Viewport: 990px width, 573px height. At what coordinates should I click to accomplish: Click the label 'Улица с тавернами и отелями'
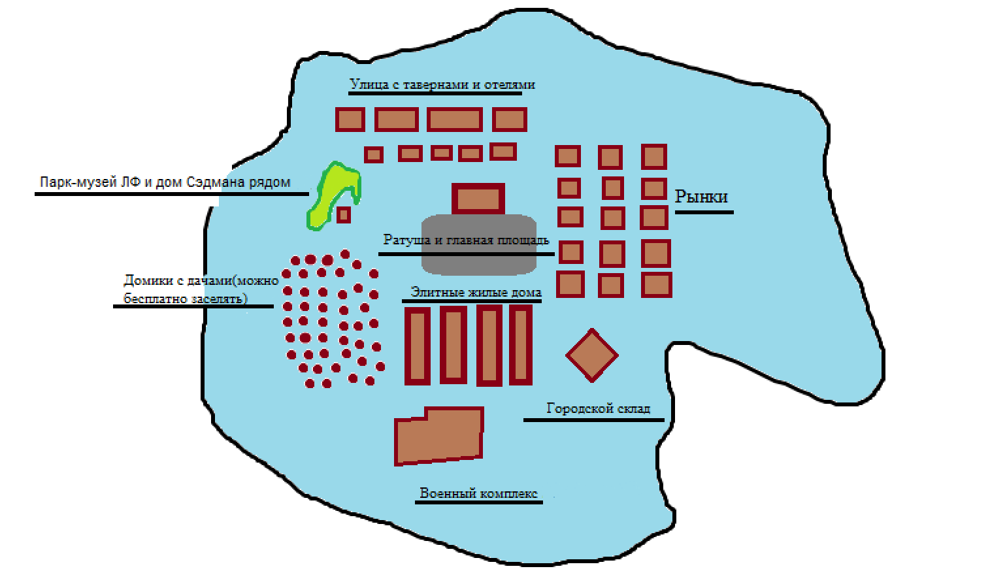tap(442, 84)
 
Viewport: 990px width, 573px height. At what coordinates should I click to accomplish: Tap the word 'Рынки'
tap(701, 197)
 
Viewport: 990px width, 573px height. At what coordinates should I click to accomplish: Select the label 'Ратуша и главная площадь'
tap(466, 240)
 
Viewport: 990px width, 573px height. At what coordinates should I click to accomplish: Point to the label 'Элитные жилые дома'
tap(476, 292)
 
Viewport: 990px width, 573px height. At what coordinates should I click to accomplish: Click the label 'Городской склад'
tap(598, 408)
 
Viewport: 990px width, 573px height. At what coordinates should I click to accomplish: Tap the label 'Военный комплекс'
tap(478, 493)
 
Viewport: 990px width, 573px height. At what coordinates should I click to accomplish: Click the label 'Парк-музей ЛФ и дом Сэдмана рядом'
tap(165, 182)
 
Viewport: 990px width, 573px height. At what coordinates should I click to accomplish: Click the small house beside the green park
tap(343, 214)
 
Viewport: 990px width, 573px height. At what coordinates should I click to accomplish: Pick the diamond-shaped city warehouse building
tap(592, 355)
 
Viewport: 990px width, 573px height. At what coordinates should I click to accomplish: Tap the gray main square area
tap(479, 258)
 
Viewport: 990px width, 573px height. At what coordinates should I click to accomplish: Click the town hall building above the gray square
tap(478, 199)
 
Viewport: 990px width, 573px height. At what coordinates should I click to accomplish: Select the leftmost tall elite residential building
tap(418, 346)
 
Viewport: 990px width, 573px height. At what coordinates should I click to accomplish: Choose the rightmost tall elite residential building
tap(521, 344)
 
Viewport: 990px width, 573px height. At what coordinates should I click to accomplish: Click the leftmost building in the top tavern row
tap(350, 120)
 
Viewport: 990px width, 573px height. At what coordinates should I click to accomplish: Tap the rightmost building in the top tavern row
tap(510, 120)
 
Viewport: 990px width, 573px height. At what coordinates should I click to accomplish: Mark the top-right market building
tap(653, 157)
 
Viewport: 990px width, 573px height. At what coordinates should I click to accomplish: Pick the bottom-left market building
tap(570, 285)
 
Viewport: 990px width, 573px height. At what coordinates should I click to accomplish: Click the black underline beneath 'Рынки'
tap(704, 212)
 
